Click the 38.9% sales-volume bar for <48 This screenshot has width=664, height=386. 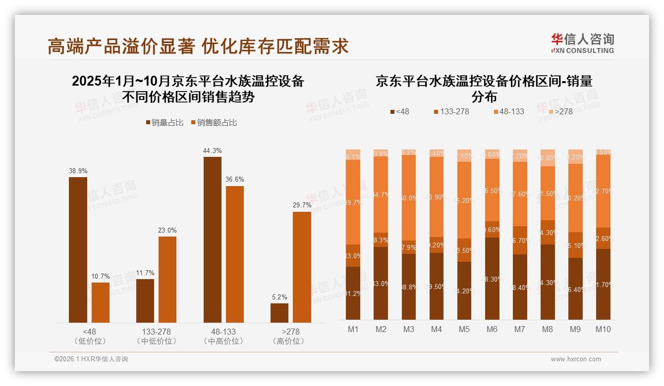point(78,250)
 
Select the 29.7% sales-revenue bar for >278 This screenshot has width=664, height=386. point(302,267)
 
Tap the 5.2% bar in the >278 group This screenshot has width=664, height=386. point(279,313)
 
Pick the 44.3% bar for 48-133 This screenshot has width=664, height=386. point(213,240)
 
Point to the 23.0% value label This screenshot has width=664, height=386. point(167,230)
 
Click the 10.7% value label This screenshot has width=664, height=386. point(101,276)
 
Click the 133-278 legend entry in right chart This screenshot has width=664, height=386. point(451,112)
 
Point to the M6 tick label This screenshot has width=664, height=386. point(492,329)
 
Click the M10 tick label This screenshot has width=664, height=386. point(603,329)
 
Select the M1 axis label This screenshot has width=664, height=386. point(353,329)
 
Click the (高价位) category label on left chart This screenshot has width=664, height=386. point(288,341)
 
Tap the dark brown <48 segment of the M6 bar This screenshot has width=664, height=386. point(492,279)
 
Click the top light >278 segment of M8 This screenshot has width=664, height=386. point(548,157)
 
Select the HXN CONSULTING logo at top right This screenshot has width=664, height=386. point(582,43)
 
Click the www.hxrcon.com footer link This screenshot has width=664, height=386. point(575,359)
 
